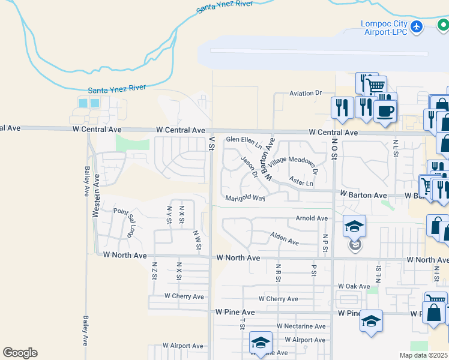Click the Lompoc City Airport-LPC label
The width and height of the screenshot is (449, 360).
384,28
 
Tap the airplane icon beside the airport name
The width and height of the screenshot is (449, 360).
418,27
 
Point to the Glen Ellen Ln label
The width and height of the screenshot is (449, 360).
244,142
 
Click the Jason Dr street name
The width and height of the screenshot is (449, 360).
249,167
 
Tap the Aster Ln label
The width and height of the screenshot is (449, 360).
301,181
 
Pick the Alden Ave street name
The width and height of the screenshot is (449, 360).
284,239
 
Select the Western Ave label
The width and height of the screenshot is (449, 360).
95,187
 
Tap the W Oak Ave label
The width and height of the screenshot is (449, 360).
354,286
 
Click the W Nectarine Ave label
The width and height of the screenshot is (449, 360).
301,326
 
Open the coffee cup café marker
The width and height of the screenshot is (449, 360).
384,110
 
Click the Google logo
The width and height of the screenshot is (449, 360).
20,353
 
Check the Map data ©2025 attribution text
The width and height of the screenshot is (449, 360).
424,355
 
